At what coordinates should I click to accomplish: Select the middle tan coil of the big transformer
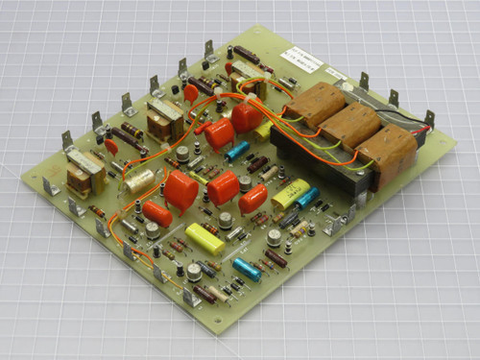pos(350,123)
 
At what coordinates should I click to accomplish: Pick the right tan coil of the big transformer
pos(390,148)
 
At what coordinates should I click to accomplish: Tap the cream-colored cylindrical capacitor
pos(140,180)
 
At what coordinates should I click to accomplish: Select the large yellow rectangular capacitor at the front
pos(204,238)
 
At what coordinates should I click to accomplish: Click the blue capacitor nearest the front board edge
pos(245,270)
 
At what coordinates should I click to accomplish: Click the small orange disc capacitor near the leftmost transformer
pos(112,147)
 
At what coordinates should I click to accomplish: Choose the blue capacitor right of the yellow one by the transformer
pos(307,198)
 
